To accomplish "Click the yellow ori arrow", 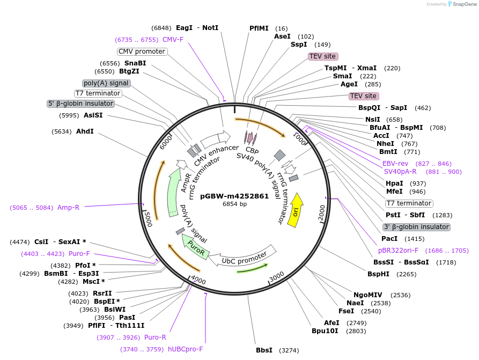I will (296, 210).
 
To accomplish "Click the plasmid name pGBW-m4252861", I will (234, 196).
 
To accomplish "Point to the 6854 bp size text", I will (234, 204).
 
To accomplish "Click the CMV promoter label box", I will (142, 52).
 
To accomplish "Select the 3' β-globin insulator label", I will (416, 227).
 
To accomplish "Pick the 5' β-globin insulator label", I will (81, 104).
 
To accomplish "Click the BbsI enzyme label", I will (264, 350).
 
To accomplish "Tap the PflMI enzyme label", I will (259, 28).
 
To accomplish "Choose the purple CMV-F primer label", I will (173, 40).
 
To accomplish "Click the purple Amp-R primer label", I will (68, 208).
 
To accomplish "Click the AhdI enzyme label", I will (85, 131).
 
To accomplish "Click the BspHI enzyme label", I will (378, 274).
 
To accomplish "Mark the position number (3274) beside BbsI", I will (288, 350).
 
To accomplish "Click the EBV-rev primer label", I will (395, 164).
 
